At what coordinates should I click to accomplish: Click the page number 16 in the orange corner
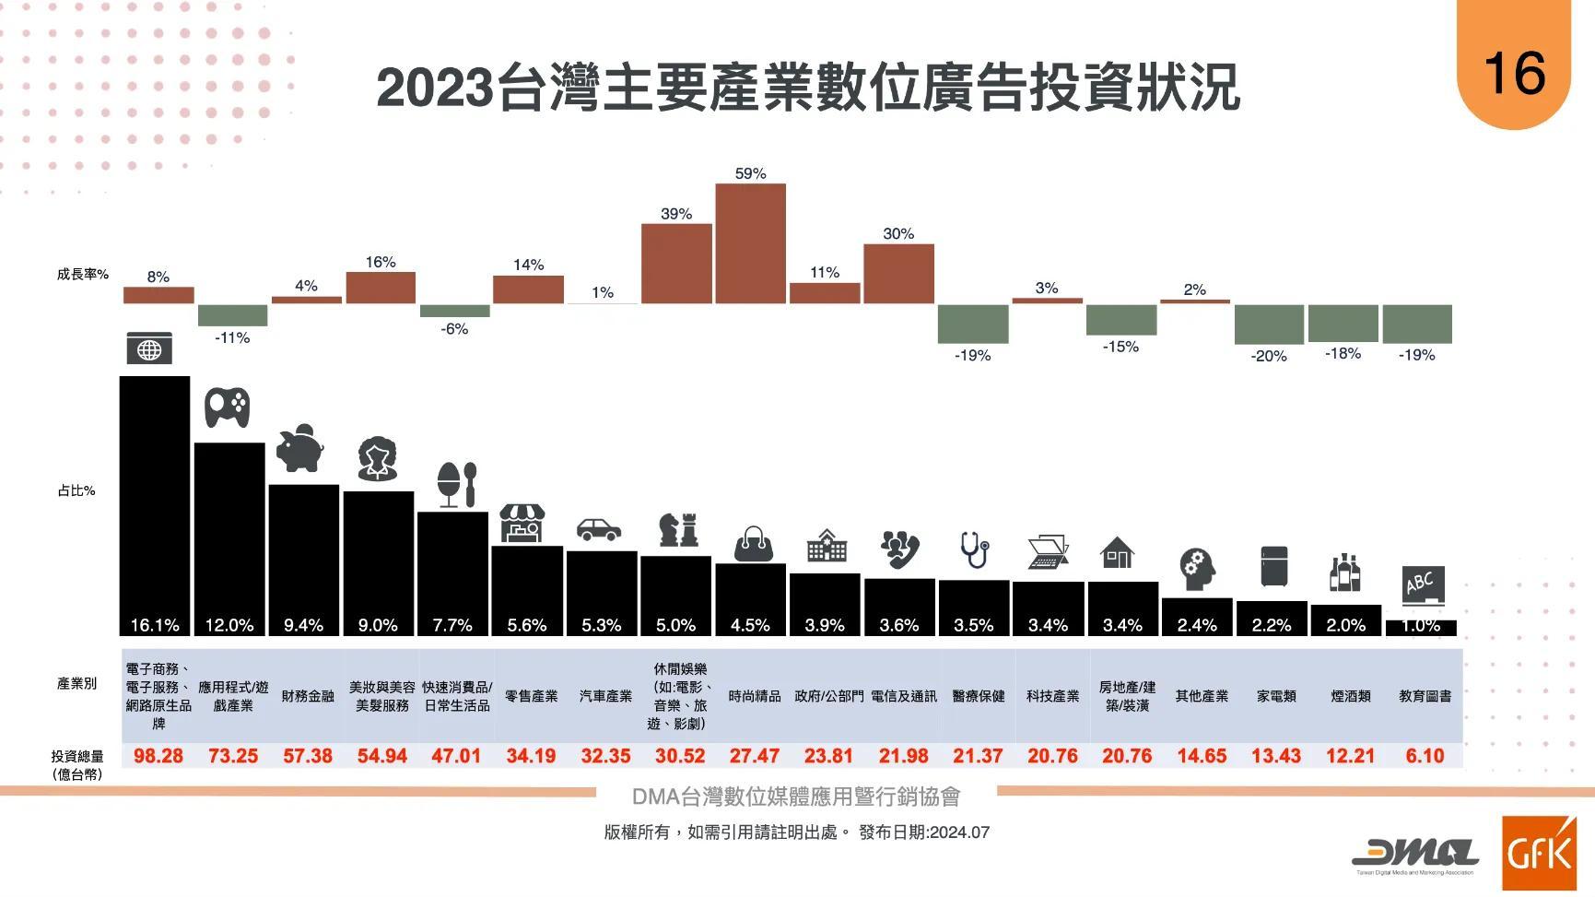pos(1514,73)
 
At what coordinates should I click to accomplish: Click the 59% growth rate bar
pos(750,243)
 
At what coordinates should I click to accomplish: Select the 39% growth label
pos(675,214)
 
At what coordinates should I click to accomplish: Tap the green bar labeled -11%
pos(232,315)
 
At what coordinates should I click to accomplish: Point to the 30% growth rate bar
pos(898,274)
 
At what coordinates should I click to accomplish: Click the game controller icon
pos(227,407)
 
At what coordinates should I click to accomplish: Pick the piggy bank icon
pos(301,449)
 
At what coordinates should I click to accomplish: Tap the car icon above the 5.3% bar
pos(599,529)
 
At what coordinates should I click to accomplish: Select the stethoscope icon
pos(974,550)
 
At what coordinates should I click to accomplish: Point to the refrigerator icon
pos(1274,567)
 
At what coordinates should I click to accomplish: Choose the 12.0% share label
pos(229,625)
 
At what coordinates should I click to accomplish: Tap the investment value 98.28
pos(158,756)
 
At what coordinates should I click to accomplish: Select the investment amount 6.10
pos(1425,756)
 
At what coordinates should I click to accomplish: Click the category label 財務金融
pos(308,696)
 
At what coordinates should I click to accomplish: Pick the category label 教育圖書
pos(1425,696)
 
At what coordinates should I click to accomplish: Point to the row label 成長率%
pos(83,274)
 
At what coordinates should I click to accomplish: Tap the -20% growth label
pos(1269,356)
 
